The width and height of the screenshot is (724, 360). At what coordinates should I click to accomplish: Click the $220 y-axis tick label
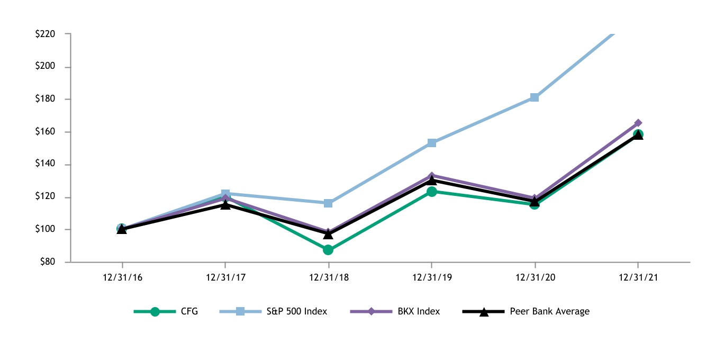click(x=45, y=34)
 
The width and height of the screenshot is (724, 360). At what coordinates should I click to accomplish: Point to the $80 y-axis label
click(x=47, y=262)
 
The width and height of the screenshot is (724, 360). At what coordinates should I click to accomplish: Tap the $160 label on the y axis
click(x=45, y=132)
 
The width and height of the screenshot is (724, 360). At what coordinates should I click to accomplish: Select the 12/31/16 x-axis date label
click(x=122, y=277)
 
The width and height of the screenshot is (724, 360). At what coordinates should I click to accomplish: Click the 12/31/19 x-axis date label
click(x=431, y=277)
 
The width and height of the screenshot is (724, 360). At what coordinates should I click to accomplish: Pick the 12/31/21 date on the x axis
click(x=638, y=277)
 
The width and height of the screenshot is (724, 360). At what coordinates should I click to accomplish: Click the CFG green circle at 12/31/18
click(x=328, y=249)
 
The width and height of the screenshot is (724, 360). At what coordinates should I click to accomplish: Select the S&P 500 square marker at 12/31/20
click(x=535, y=97)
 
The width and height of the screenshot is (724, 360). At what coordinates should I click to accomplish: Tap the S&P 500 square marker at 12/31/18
click(x=328, y=203)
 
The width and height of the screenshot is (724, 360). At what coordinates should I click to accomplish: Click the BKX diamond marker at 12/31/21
click(x=638, y=123)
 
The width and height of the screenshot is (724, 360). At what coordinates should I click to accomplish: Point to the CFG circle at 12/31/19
click(x=432, y=191)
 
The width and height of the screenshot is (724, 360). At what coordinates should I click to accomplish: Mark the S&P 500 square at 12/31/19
click(x=432, y=143)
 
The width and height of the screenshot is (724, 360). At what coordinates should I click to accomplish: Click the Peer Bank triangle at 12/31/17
click(x=225, y=204)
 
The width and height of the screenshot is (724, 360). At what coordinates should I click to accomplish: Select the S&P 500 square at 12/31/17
click(x=225, y=194)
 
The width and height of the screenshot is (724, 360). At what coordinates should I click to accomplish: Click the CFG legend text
click(x=189, y=311)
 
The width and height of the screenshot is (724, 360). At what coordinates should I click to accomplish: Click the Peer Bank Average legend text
click(x=549, y=311)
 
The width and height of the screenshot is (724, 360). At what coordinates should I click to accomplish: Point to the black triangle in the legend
click(x=484, y=312)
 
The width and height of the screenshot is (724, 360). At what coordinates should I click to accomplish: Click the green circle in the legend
click(x=155, y=312)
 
